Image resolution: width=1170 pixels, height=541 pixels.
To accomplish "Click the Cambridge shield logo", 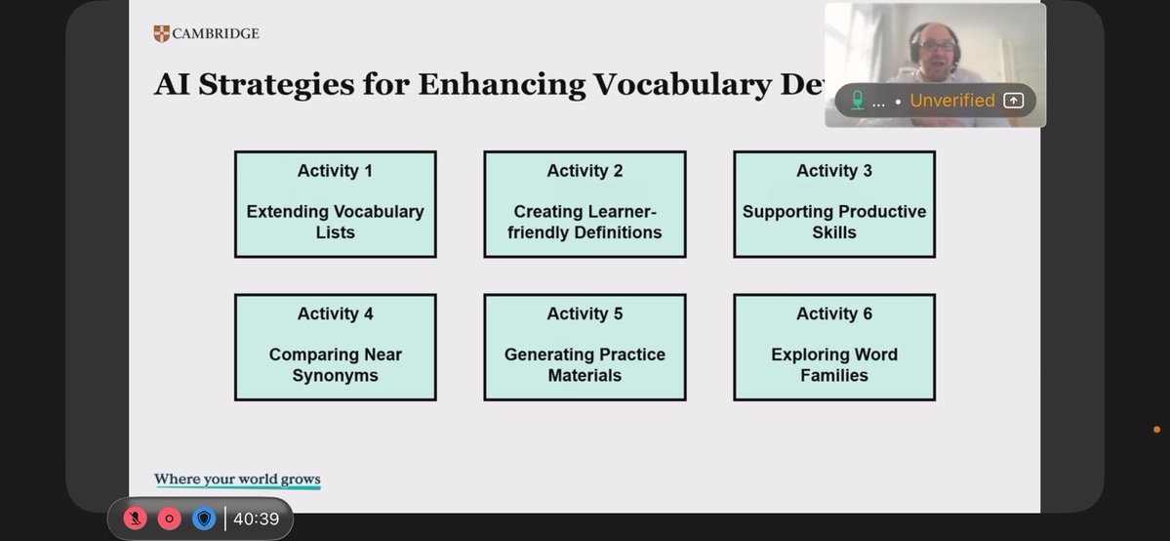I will tap(161, 34).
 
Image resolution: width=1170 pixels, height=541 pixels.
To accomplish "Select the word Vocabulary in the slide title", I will tap(673, 84).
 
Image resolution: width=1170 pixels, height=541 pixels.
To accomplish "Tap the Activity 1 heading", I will tap(335, 171).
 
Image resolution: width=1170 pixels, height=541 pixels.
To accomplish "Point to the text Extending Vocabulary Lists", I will tap(335, 222).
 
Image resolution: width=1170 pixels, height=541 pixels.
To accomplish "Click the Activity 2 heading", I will tap(585, 171).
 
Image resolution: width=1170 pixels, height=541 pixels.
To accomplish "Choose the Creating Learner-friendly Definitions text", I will tap(585, 222).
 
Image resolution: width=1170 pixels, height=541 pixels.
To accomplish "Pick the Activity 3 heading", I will tap(834, 171).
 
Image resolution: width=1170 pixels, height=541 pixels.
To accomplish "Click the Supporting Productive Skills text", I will tap(834, 222).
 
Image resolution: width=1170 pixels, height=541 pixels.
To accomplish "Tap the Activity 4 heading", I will tap(335, 313).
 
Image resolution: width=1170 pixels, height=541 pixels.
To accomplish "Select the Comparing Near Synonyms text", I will tap(335, 365).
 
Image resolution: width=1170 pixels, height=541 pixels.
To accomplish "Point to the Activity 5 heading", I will tap(585, 313).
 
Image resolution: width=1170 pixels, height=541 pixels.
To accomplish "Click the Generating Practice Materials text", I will tap(585, 365).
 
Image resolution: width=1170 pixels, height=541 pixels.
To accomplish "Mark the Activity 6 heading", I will tap(834, 313).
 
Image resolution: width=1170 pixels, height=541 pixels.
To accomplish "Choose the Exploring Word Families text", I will tap(834, 365).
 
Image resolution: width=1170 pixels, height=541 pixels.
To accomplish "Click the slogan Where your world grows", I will tap(237, 479).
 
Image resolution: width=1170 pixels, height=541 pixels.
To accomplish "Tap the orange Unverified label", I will tap(951, 101).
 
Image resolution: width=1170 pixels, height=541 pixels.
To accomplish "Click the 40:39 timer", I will tap(256, 520).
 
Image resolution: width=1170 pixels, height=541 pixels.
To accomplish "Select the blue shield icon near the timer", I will tap(203, 520).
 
